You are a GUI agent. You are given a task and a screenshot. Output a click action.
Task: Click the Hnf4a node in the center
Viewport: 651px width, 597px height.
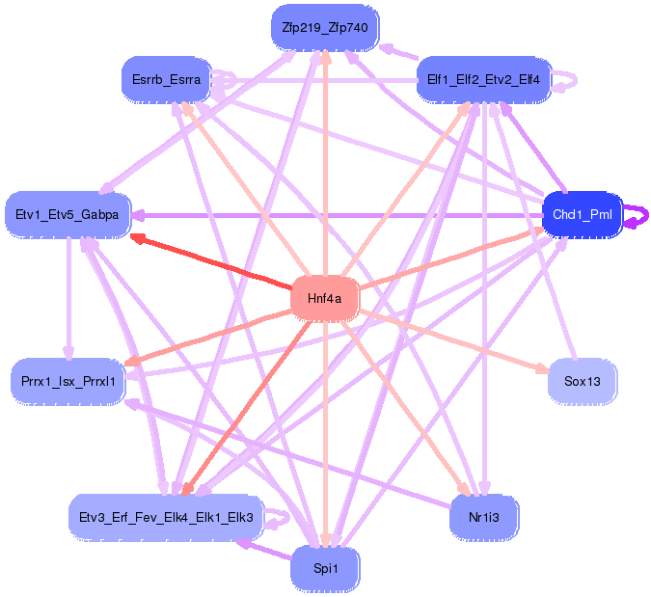coord(324,298)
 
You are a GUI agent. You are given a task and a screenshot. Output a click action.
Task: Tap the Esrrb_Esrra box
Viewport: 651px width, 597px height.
coord(165,79)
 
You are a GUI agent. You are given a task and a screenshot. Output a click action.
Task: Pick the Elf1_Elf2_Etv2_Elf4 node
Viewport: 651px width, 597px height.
coord(483,79)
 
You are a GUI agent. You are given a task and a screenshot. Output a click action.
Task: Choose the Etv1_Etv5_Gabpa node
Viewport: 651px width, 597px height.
coord(68,214)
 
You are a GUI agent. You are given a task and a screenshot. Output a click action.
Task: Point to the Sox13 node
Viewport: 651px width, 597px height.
coord(583,382)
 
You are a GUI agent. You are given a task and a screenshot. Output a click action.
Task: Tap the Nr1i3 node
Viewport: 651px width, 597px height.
coord(483,517)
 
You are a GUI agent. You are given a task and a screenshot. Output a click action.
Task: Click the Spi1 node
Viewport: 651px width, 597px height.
coord(325,569)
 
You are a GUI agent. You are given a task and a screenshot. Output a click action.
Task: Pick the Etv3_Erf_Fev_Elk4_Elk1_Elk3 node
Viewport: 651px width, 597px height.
coord(165,517)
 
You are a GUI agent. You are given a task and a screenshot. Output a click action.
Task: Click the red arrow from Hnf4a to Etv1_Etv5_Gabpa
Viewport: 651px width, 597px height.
coord(212,260)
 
